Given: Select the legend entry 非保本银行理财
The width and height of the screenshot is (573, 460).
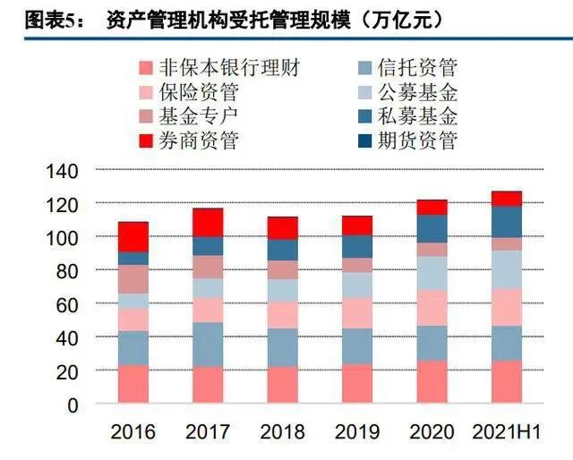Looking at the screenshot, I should click(228, 67).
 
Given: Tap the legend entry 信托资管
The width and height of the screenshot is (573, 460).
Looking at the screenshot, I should click(417, 67).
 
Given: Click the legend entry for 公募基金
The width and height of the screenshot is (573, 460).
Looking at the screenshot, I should click(417, 91).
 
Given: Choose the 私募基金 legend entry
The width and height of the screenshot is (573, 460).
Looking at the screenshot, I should click(417, 115).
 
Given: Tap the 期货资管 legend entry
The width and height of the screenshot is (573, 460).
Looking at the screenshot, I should click(417, 140).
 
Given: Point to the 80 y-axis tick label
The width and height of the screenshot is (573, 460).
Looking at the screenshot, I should click(71, 270).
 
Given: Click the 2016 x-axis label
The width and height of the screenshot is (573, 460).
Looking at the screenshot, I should click(133, 432).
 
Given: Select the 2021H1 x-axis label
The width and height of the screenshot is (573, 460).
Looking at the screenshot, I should click(506, 432).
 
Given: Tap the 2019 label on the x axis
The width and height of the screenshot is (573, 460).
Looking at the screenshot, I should click(357, 432).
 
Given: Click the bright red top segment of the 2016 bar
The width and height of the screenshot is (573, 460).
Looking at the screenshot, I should click(133, 236).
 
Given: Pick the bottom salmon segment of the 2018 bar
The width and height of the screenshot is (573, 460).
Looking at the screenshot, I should click(283, 385).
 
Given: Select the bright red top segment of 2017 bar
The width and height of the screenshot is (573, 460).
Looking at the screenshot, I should click(208, 222).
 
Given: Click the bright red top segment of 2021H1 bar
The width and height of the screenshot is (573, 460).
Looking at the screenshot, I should click(507, 198).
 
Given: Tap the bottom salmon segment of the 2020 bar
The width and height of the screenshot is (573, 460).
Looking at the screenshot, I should click(432, 382).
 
